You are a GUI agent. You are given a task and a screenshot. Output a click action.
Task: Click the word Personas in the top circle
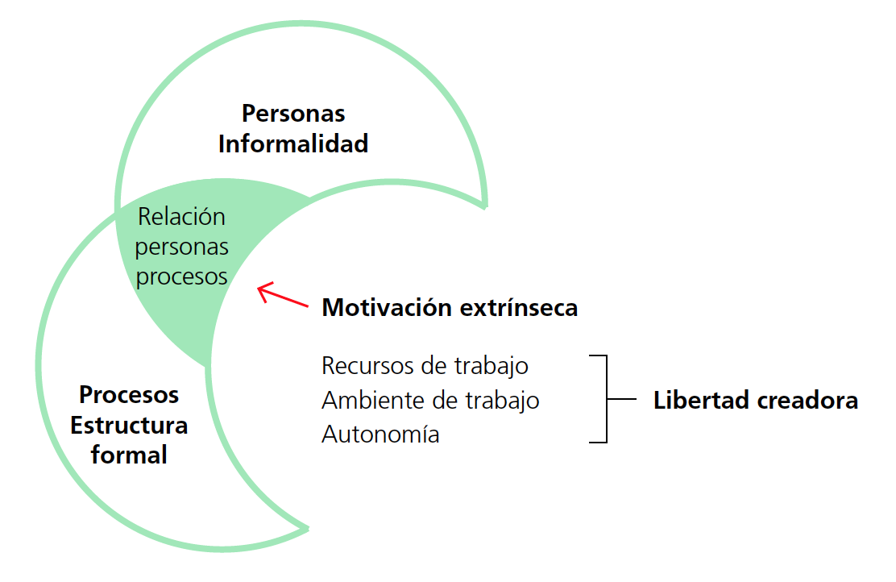point(293,113)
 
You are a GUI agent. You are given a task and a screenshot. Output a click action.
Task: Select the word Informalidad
point(293,143)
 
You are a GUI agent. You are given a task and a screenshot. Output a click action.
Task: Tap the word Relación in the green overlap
point(181,217)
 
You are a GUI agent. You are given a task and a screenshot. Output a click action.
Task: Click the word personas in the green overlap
point(181,247)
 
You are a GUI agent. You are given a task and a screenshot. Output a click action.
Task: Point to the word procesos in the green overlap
point(181,276)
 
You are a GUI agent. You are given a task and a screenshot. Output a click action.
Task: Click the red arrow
point(282,295)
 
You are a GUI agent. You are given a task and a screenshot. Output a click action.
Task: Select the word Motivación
point(388,308)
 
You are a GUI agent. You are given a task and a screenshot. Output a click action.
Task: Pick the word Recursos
point(367,365)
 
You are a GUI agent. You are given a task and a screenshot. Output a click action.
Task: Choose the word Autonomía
point(380,434)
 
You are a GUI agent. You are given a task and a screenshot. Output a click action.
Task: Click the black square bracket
point(604,399)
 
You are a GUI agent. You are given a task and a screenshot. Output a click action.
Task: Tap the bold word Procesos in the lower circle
point(129,395)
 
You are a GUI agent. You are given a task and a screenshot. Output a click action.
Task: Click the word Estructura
point(129,425)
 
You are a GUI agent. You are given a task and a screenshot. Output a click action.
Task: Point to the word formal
point(129,455)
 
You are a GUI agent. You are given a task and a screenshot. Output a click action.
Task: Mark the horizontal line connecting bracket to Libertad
point(622,399)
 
